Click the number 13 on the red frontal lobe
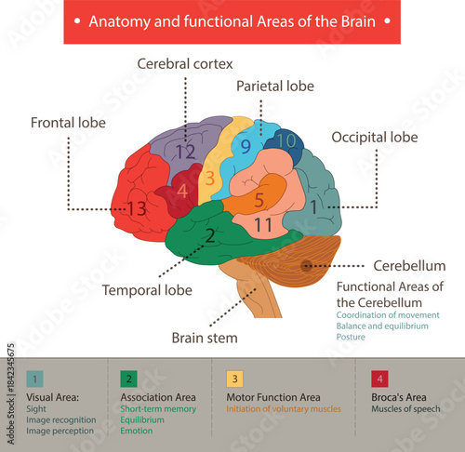[x=136, y=209]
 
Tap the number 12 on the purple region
[x=186, y=151]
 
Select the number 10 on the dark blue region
[x=286, y=141]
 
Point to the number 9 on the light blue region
[x=246, y=146]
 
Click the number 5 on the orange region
[x=259, y=198]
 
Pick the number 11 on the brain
[x=262, y=224]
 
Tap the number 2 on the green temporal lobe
[x=210, y=235]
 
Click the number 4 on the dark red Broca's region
[x=182, y=192]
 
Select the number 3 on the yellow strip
[x=210, y=177]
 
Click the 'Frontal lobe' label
[x=68, y=122]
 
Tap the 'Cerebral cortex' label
[x=184, y=64]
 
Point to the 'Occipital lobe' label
[x=375, y=138]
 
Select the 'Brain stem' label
[x=204, y=338]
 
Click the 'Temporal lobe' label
[x=148, y=289]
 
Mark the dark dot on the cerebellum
[x=305, y=266]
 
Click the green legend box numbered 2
[x=130, y=379]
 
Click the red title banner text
[x=232, y=21]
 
